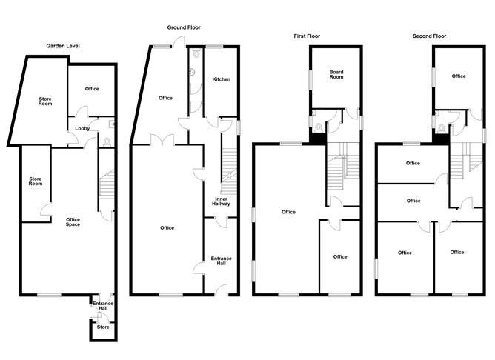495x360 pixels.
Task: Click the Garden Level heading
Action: click(x=63, y=46)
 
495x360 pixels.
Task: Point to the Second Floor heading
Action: click(x=429, y=35)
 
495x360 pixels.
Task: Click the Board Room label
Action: click(x=336, y=73)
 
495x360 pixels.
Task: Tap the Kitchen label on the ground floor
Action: click(x=222, y=79)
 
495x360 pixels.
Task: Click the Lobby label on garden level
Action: click(x=82, y=129)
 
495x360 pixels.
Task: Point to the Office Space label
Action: click(x=73, y=221)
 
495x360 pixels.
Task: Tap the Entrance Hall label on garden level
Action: click(x=102, y=305)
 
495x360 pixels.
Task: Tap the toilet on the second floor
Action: click(x=442, y=127)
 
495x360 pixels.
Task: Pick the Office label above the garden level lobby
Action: click(x=92, y=89)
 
